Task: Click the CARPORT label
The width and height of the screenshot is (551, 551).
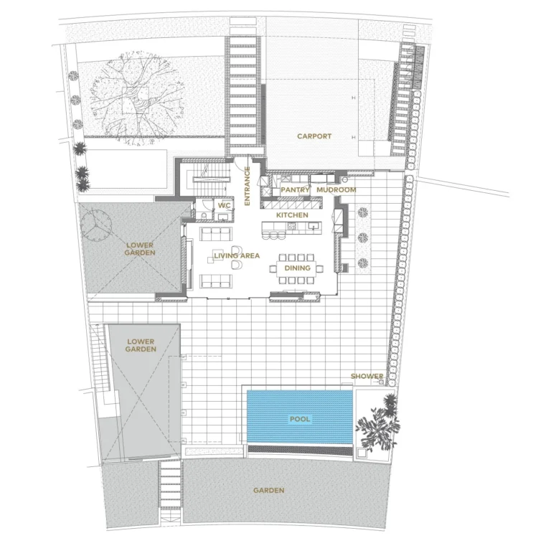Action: [x=314, y=136]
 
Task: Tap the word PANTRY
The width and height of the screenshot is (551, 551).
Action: [x=294, y=190]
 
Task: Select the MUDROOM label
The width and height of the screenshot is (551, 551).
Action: [x=336, y=190]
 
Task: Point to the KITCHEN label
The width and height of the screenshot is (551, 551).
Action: [x=292, y=215]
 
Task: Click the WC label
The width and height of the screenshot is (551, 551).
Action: [x=223, y=205]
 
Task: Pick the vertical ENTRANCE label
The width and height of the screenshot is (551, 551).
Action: [x=247, y=186]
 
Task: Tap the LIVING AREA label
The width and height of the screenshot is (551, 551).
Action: [x=236, y=255]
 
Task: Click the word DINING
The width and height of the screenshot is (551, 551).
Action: [x=297, y=268]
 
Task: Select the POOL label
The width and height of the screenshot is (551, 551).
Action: [x=299, y=418]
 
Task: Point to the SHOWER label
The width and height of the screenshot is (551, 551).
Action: [x=367, y=376]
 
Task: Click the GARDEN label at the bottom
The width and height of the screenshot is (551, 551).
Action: [x=268, y=491]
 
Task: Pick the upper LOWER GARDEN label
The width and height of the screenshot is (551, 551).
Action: [x=139, y=249]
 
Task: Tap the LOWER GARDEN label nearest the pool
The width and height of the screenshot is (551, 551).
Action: [x=141, y=345]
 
